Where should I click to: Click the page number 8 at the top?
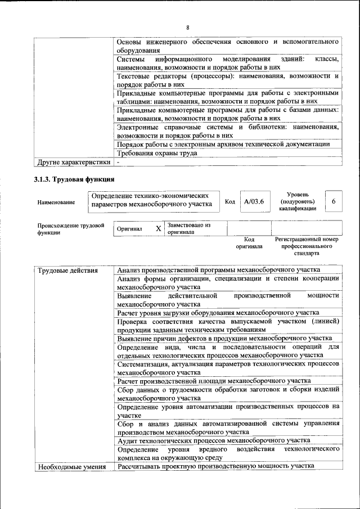pos(188,28)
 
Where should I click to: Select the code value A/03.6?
pos(251,201)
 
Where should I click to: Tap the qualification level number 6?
pos(334,201)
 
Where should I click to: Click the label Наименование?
pos(56,202)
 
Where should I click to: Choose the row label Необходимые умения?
pos(71,467)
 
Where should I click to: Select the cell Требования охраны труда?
pos(156,153)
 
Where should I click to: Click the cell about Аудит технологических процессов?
pos(213,440)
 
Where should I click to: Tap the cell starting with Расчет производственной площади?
pos(214,381)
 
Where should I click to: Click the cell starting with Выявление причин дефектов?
pos(224,339)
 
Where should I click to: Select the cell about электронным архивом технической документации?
pos(223,143)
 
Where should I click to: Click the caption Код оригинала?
pos(249,243)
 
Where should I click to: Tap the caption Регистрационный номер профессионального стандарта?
pos(307,246)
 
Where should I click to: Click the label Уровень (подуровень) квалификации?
pos(297,201)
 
